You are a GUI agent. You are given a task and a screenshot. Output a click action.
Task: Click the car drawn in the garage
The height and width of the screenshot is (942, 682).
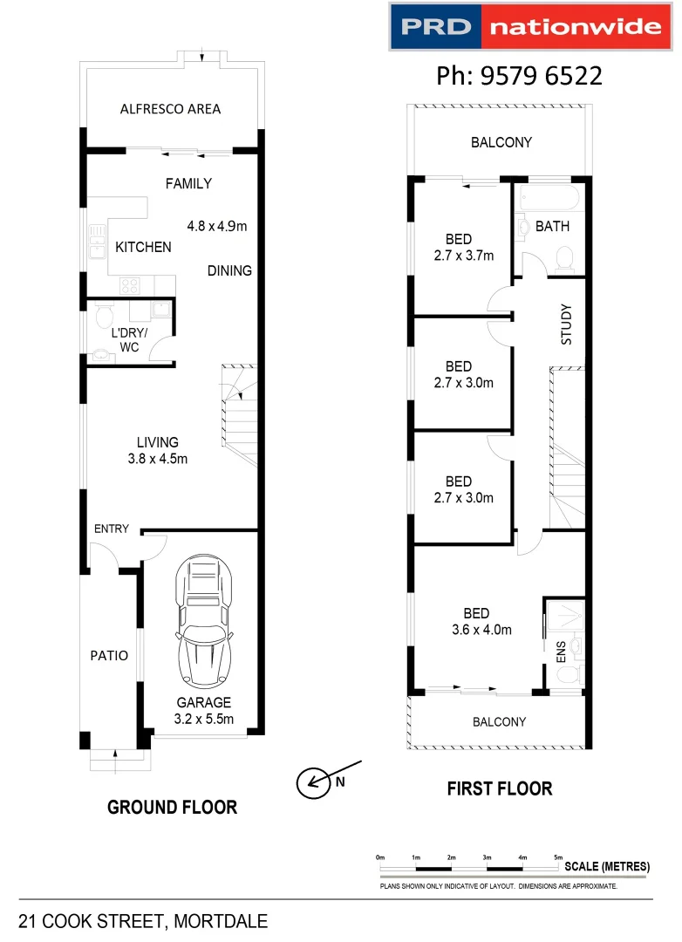204,622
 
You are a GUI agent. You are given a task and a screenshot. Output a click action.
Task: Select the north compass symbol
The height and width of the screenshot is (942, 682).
311,782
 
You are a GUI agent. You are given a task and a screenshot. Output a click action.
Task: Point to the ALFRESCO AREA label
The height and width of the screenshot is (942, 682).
170,109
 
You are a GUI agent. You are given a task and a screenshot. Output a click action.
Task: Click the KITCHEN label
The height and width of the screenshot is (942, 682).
143,248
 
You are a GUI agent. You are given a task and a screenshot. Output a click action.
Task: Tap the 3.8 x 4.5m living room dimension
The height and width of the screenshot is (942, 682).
158,459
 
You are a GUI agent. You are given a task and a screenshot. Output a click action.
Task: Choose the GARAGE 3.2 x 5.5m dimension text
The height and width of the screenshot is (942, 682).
204,719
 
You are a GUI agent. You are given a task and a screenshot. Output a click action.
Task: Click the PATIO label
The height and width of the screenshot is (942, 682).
109,655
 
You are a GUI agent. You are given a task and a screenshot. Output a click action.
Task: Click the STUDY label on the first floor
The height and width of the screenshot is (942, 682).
566,323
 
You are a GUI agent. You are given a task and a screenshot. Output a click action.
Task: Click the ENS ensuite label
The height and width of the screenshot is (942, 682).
561,651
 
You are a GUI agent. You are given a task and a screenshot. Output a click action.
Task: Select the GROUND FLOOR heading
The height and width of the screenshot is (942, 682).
172,808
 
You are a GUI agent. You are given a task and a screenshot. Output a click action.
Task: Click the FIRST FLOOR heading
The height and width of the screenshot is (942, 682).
499,789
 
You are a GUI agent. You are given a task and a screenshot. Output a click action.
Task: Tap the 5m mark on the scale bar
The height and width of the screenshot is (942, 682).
558,858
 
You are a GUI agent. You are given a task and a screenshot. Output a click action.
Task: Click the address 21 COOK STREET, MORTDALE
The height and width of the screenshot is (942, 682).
143,921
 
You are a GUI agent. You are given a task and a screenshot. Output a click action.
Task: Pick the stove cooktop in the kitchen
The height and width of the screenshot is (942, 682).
131,284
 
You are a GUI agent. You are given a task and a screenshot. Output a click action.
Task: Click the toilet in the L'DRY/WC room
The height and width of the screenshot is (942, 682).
102,315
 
